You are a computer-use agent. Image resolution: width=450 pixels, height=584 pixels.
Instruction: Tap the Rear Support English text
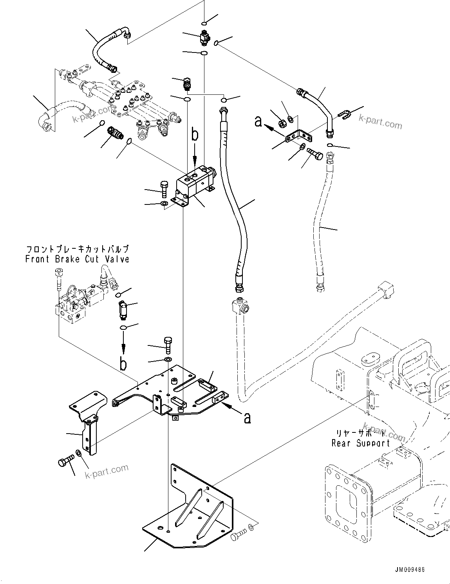tap(361, 443)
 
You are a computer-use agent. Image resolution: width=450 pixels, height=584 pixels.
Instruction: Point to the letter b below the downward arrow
tap(123, 364)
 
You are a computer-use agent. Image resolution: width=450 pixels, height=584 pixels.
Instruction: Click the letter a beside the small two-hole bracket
tap(258, 122)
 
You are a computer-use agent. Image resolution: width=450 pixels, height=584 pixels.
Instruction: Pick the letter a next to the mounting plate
tap(247, 418)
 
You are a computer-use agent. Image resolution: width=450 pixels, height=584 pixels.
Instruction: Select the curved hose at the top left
tap(106, 50)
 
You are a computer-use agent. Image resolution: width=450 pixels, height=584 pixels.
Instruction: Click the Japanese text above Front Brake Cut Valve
tap(77, 249)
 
